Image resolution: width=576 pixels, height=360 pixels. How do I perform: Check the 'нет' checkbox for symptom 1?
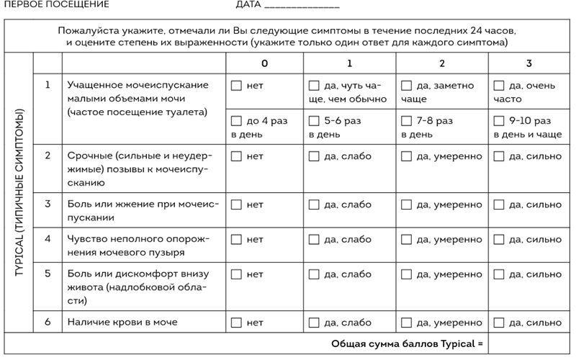coord(236,86)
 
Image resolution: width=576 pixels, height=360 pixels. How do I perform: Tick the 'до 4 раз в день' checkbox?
coord(236,121)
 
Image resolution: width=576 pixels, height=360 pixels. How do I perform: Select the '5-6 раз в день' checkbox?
coord(314,121)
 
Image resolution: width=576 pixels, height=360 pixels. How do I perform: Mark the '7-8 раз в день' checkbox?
coord(406,121)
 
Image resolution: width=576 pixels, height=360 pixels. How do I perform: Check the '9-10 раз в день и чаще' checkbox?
coord(498,121)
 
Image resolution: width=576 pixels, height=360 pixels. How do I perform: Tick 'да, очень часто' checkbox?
coord(498,86)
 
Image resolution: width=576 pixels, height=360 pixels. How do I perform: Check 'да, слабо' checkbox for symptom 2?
coord(314,156)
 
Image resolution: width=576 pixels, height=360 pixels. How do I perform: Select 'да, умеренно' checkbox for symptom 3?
coord(406,204)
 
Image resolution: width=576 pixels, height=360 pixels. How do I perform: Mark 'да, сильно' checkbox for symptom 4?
coord(498,240)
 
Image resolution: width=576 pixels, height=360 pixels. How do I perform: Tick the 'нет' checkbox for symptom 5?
coord(236,274)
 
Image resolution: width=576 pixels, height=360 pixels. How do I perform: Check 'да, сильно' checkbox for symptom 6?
coord(498,323)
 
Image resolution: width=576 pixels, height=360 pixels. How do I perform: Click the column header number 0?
coord(264,63)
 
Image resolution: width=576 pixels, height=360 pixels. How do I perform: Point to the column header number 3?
coord(528,63)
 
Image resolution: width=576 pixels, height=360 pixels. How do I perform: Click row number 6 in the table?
coord(48,322)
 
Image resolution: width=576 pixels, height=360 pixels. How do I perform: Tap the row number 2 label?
coord(48,156)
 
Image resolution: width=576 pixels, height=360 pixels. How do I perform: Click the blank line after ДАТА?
coord(302,6)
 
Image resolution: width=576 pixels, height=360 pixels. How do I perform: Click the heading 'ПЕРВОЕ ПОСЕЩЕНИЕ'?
coord(57,4)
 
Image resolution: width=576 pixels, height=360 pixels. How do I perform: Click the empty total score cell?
coord(528,343)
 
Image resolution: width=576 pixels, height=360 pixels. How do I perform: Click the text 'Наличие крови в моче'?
coord(122,322)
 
